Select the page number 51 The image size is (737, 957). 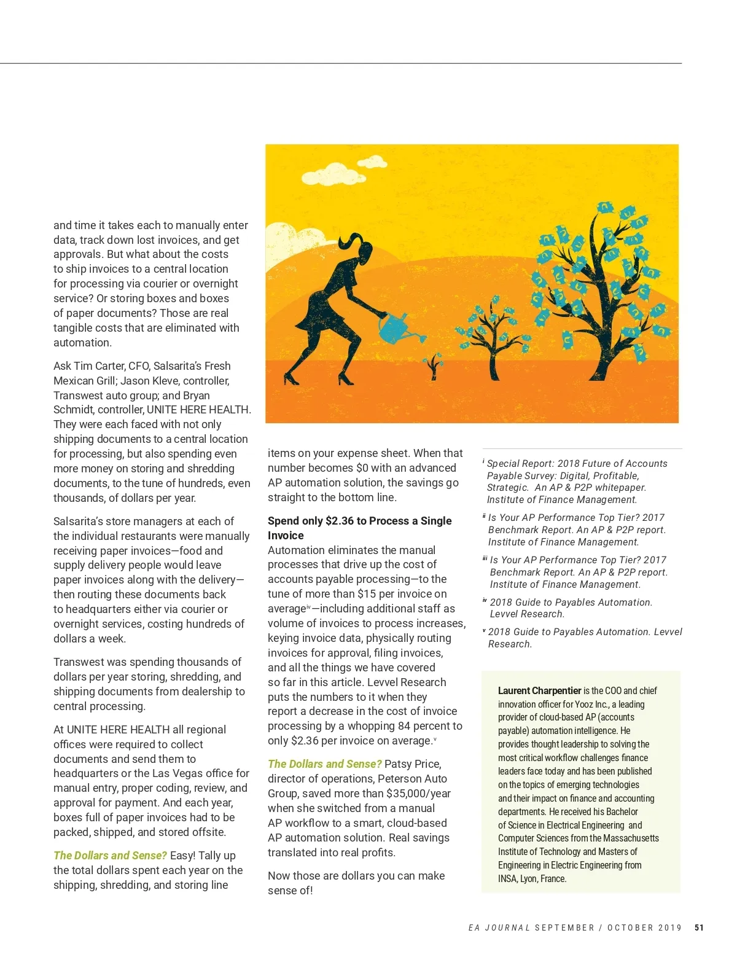click(x=699, y=928)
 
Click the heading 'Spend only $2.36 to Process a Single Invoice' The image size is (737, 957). click(x=359, y=528)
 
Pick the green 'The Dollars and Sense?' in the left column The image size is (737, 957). click(x=110, y=856)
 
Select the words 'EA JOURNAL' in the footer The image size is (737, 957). click(x=499, y=928)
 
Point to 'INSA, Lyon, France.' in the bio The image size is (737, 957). click(x=532, y=878)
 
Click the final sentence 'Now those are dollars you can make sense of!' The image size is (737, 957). click(x=356, y=883)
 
